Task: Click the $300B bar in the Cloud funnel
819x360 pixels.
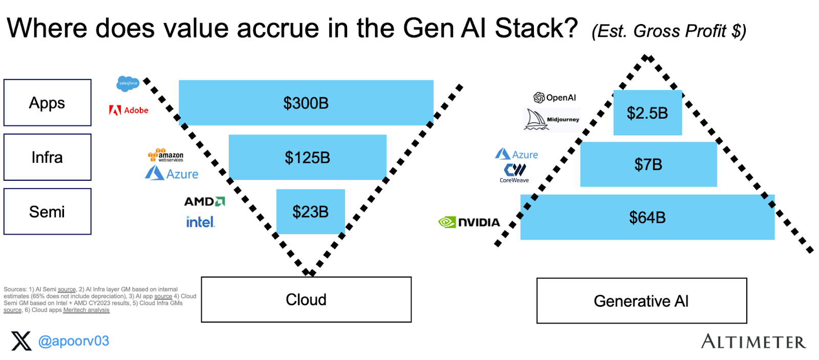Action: pyautogui.click(x=306, y=102)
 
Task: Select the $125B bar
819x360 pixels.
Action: pyautogui.click(x=307, y=157)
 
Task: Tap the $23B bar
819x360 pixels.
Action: pyautogui.click(x=310, y=211)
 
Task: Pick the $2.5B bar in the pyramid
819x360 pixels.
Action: pyautogui.click(x=647, y=113)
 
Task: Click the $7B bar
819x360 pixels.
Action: pyautogui.click(x=648, y=164)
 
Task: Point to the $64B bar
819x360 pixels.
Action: pyautogui.click(x=647, y=217)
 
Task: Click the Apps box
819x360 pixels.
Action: pyautogui.click(x=47, y=102)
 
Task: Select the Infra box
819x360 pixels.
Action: pyautogui.click(x=47, y=157)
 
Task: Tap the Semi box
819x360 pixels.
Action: pyautogui.click(x=47, y=211)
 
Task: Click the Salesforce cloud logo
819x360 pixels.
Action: pyautogui.click(x=127, y=83)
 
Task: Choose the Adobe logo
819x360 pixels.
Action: pyautogui.click(x=128, y=110)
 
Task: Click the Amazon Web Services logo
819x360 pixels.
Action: pyautogui.click(x=165, y=155)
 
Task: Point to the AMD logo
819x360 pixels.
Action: pyautogui.click(x=204, y=201)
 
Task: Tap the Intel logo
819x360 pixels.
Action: pyautogui.click(x=200, y=222)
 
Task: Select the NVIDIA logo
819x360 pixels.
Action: pyautogui.click(x=469, y=222)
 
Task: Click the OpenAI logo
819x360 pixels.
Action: pyautogui.click(x=555, y=97)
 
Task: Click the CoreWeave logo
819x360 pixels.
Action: pyautogui.click(x=514, y=173)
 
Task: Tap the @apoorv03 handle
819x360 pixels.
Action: pyautogui.click(x=74, y=341)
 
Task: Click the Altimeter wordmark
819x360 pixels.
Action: pyautogui.click(x=753, y=342)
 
